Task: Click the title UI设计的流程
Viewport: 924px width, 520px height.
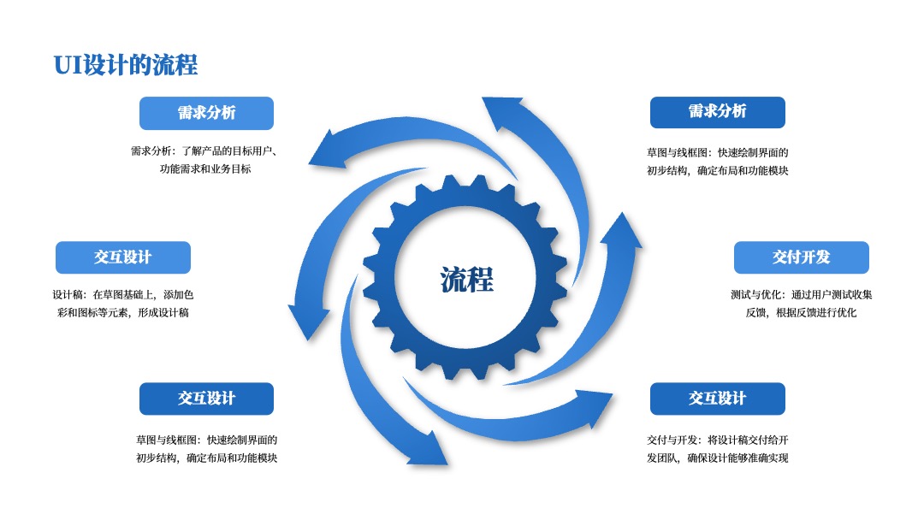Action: pyautogui.click(x=126, y=65)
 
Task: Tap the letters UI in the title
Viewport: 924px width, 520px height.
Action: pyautogui.click(x=68, y=65)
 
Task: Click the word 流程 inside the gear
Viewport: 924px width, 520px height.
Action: pyautogui.click(x=467, y=279)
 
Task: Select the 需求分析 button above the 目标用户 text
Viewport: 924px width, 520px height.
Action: pyautogui.click(x=206, y=113)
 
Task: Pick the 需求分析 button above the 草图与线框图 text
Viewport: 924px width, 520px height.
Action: pyautogui.click(x=717, y=112)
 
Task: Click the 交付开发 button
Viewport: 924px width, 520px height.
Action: pyautogui.click(x=802, y=257)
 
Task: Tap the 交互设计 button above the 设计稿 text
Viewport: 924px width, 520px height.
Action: pyautogui.click(x=122, y=257)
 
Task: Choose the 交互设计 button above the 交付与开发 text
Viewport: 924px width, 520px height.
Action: pyautogui.click(x=717, y=399)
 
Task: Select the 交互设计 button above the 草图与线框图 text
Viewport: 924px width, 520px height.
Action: pyautogui.click(x=206, y=399)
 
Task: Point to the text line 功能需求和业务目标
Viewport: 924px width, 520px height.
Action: pyautogui.click(x=205, y=169)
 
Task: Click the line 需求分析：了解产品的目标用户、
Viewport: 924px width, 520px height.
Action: pyautogui.click(x=204, y=151)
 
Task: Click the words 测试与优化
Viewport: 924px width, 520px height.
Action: pyautogui.click(x=755, y=294)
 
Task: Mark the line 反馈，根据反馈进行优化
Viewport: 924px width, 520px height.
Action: pyautogui.click(x=802, y=313)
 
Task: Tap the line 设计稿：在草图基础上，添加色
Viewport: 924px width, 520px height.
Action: pyautogui.click(x=122, y=294)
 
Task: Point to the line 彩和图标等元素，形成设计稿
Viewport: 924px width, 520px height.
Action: pyautogui.click(x=122, y=313)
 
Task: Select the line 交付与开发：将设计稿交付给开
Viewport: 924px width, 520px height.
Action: pyautogui.click(x=717, y=440)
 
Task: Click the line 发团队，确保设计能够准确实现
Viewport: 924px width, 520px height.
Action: pyautogui.click(x=717, y=458)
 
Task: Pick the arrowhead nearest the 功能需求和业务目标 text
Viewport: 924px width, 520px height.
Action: pyautogui.click(x=328, y=151)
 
